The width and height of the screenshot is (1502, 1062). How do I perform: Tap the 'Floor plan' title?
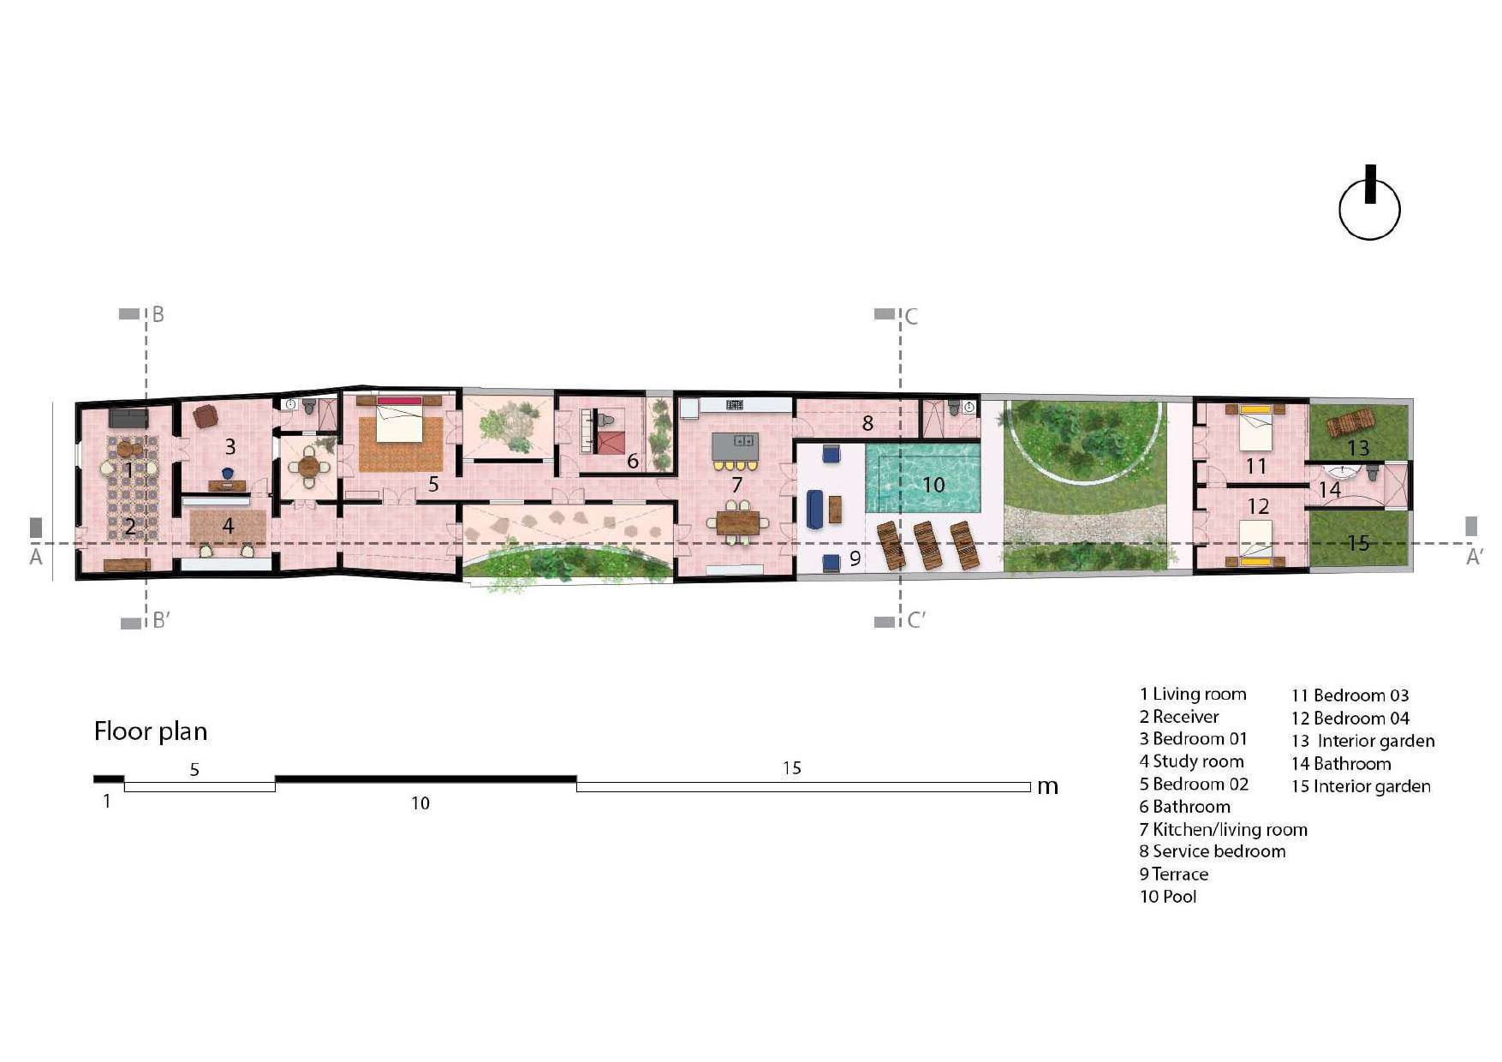[151, 731]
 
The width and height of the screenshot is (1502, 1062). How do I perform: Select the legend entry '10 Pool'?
[1168, 897]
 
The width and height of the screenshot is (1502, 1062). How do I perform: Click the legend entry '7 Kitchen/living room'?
[1223, 829]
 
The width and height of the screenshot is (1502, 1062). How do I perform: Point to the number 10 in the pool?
[933, 485]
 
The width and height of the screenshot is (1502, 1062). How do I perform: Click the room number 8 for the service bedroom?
[867, 423]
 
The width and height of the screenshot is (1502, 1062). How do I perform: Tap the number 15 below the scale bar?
[792, 768]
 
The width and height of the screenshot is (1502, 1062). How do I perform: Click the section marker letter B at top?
[158, 314]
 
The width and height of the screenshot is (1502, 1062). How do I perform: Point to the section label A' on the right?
[1474, 558]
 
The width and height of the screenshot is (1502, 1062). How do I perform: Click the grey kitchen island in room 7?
[735, 446]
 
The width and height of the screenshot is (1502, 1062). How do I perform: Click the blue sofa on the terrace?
[816, 509]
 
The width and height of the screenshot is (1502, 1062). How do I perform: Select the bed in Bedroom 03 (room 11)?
[1256, 426]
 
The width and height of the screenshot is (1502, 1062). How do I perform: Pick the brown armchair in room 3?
[206, 415]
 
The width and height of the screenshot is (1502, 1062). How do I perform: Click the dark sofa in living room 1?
[128, 418]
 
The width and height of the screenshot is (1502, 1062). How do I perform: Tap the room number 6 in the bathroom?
[633, 461]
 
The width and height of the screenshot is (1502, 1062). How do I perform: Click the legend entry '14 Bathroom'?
[1341, 764]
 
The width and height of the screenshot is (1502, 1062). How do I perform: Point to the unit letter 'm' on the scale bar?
[1047, 786]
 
